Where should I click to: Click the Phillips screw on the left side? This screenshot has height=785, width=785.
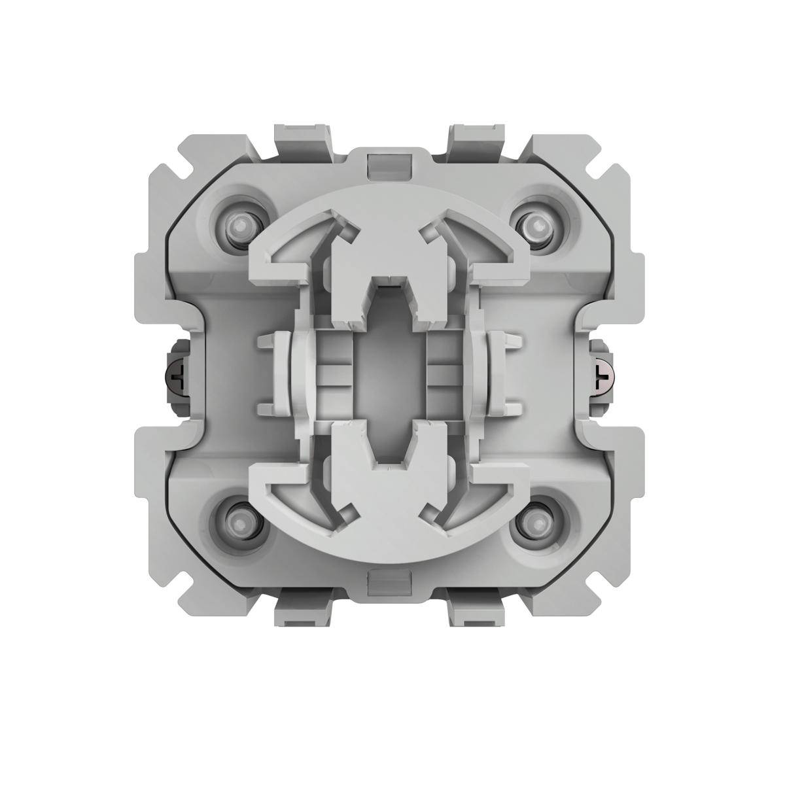coord(178,375)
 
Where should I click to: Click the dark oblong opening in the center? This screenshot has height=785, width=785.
coord(389,374)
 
